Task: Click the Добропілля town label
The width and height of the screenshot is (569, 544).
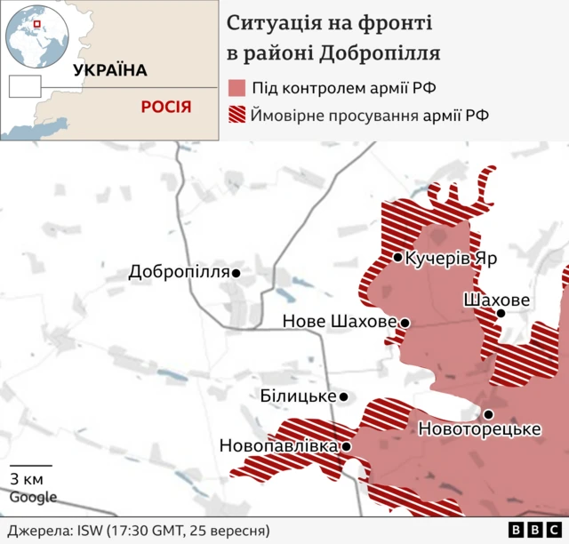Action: [x=179, y=272]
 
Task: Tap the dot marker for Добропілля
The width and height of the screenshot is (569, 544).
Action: [x=236, y=273]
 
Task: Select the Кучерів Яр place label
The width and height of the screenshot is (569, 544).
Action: [x=451, y=258]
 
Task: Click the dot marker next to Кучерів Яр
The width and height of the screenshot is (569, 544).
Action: [x=398, y=258]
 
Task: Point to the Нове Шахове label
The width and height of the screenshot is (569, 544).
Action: [x=339, y=322]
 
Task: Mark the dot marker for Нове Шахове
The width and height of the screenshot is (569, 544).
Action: [x=405, y=323]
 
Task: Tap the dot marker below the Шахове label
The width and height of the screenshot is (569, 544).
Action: [x=501, y=313]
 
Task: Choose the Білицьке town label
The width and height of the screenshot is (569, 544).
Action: [x=299, y=396]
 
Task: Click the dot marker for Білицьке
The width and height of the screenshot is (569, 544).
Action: [x=344, y=397]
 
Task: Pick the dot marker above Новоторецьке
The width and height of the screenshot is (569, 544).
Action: [x=488, y=414]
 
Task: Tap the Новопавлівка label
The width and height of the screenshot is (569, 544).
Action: [x=278, y=446]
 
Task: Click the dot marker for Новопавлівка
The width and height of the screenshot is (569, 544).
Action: [x=347, y=447]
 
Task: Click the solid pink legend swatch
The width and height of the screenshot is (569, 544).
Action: [x=236, y=88]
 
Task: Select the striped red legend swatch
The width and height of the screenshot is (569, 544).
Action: [x=236, y=116]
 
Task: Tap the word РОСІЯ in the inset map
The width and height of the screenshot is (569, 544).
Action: [x=166, y=107]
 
